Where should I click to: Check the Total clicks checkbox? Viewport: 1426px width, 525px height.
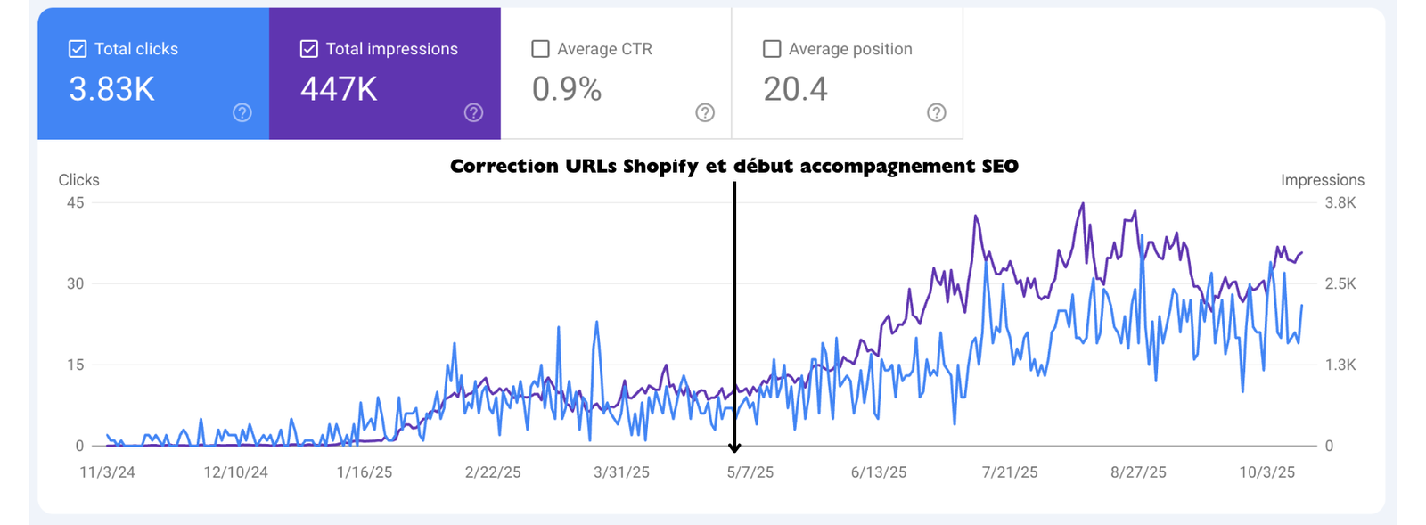pos(78,49)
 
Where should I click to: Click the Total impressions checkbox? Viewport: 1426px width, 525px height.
pos(308,49)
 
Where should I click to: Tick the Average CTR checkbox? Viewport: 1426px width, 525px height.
pos(540,49)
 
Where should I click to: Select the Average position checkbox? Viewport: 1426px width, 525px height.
pos(772,49)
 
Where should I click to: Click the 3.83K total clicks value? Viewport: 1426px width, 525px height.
pos(111,89)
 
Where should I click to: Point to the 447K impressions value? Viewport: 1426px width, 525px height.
pos(339,89)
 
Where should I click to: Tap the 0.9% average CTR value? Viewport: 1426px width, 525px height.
pos(567,89)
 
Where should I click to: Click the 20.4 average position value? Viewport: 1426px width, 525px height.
pos(795,89)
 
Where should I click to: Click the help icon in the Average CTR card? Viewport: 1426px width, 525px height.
pos(705,112)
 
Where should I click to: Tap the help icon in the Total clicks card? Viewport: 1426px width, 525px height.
pos(242,112)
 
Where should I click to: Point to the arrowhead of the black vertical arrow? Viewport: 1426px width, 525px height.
pos(734,448)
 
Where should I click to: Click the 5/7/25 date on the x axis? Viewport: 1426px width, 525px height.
pos(750,472)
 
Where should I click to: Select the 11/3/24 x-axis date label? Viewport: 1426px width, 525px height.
pos(107,472)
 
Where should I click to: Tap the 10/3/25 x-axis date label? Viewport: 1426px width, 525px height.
pos(1266,472)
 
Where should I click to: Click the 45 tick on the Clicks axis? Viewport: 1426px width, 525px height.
pos(75,202)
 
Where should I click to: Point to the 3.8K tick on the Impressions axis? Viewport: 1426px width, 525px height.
pos(1340,202)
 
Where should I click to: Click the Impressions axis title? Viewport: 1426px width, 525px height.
pos(1322,180)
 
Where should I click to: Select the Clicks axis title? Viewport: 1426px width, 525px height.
pos(78,180)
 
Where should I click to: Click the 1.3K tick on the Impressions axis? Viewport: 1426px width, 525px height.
pos(1340,365)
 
